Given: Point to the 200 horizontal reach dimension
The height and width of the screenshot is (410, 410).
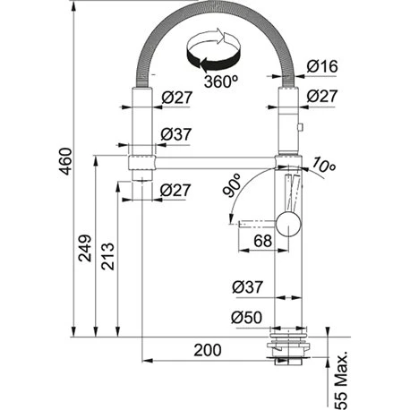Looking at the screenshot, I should [x=209, y=352].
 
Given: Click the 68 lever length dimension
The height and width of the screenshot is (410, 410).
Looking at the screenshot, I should [x=262, y=240].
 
